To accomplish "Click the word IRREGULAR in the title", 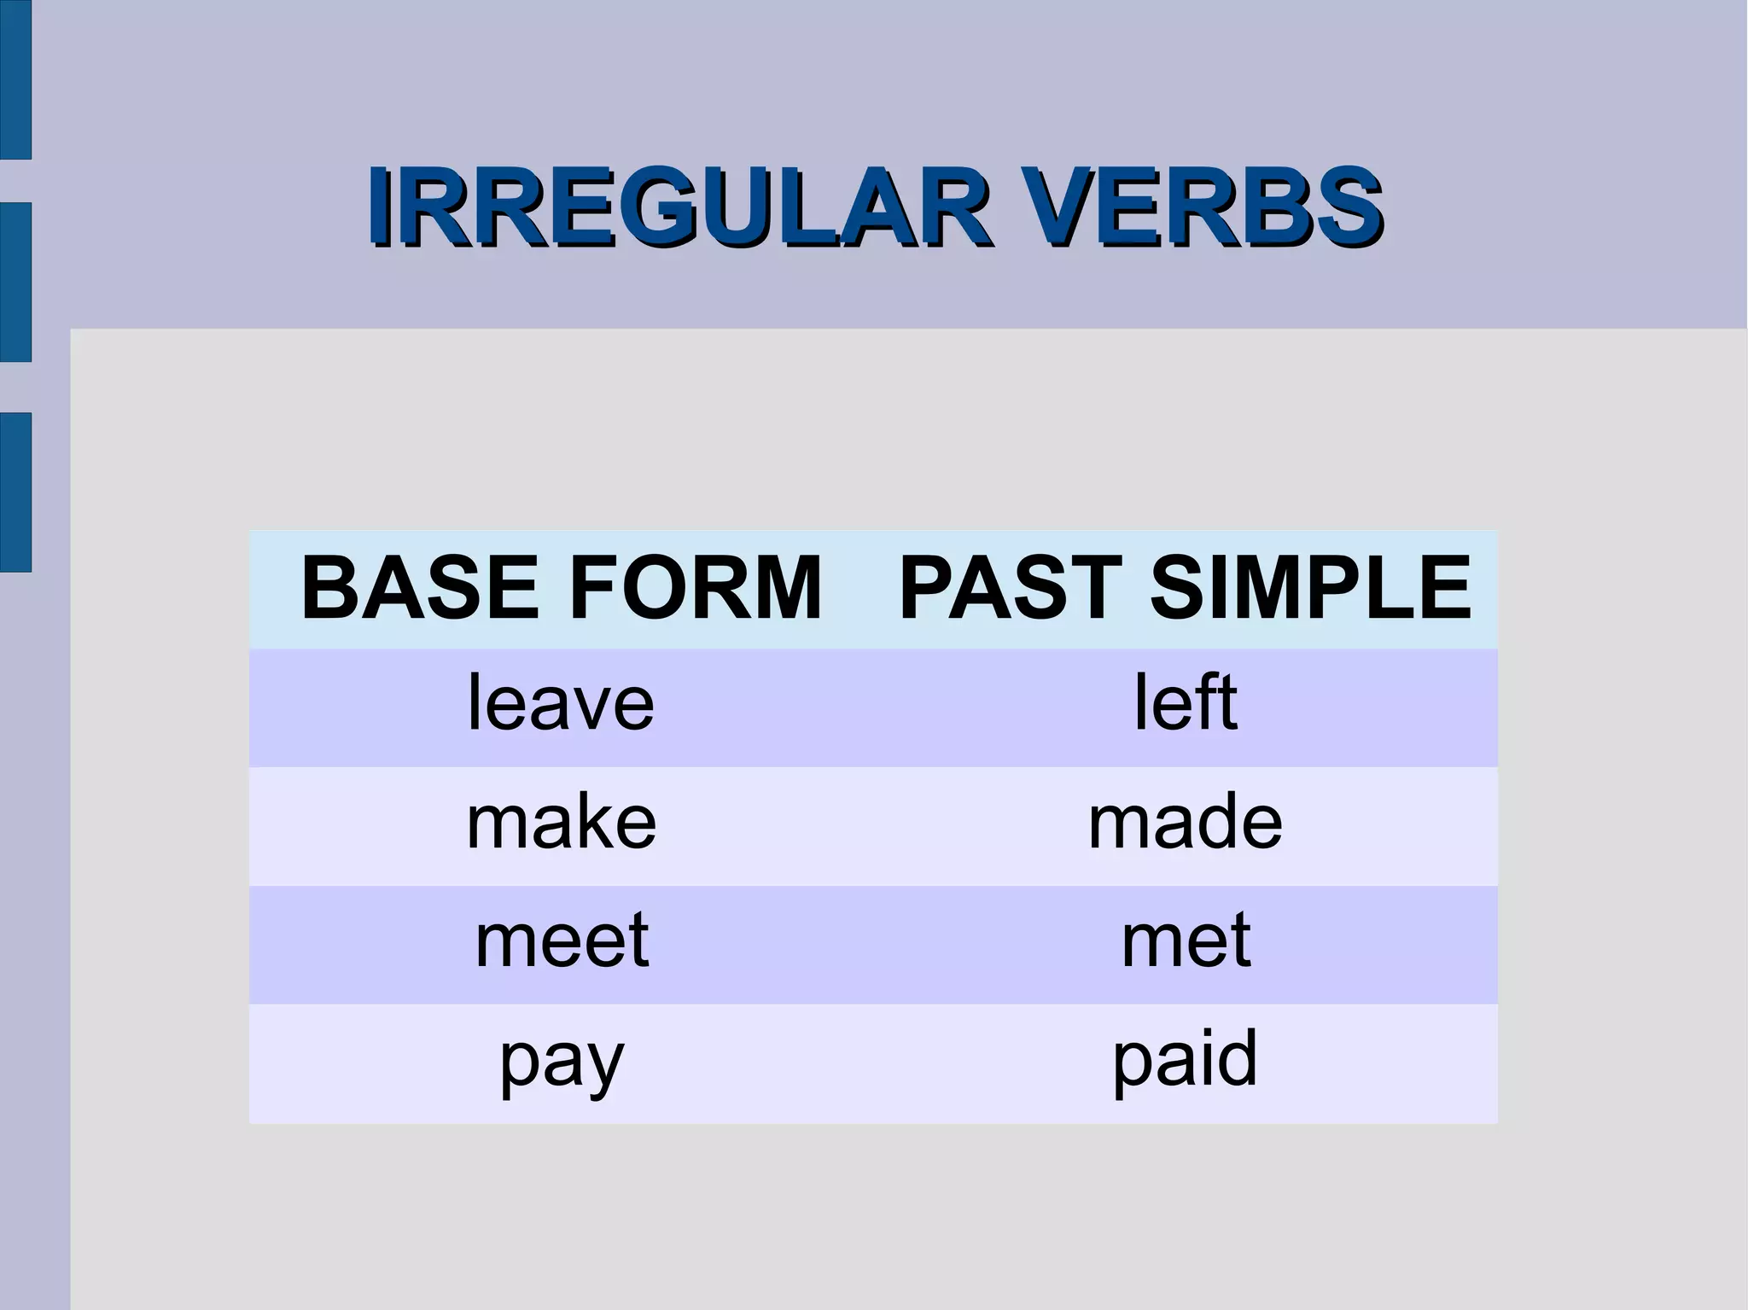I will click(x=679, y=207).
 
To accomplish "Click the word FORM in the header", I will click(x=692, y=588).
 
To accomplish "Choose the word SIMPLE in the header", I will click(x=1310, y=588).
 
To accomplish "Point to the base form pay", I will click(x=561, y=1061).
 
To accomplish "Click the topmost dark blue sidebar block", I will click(x=15, y=79).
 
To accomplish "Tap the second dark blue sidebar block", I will click(x=15, y=282).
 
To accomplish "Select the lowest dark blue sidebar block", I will click(x=15, y=492).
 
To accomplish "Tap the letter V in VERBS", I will click(x=1055, y=207).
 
